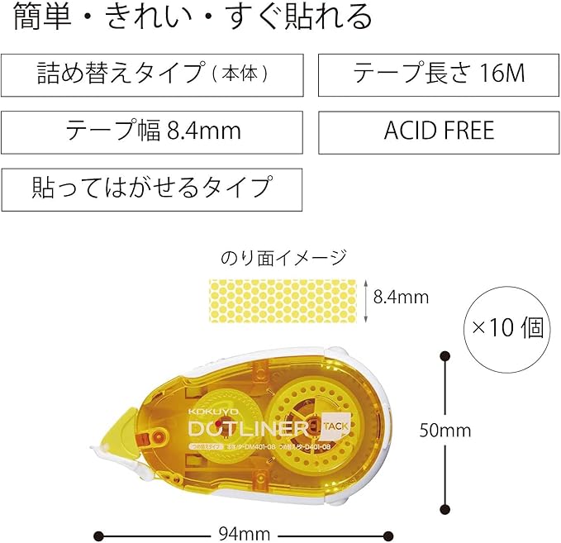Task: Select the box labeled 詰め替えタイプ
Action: pos(152,74)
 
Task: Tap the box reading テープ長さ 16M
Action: pos(439,74)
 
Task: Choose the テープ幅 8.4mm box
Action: pos(152,131)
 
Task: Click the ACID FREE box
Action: pos(439,131)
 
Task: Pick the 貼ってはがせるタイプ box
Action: pos(152,187)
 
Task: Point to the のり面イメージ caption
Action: pos(283,258)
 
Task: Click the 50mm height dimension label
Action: pos(445,430)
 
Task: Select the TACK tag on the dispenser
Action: pos(335,426)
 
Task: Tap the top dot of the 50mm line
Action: pos(445,356)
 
